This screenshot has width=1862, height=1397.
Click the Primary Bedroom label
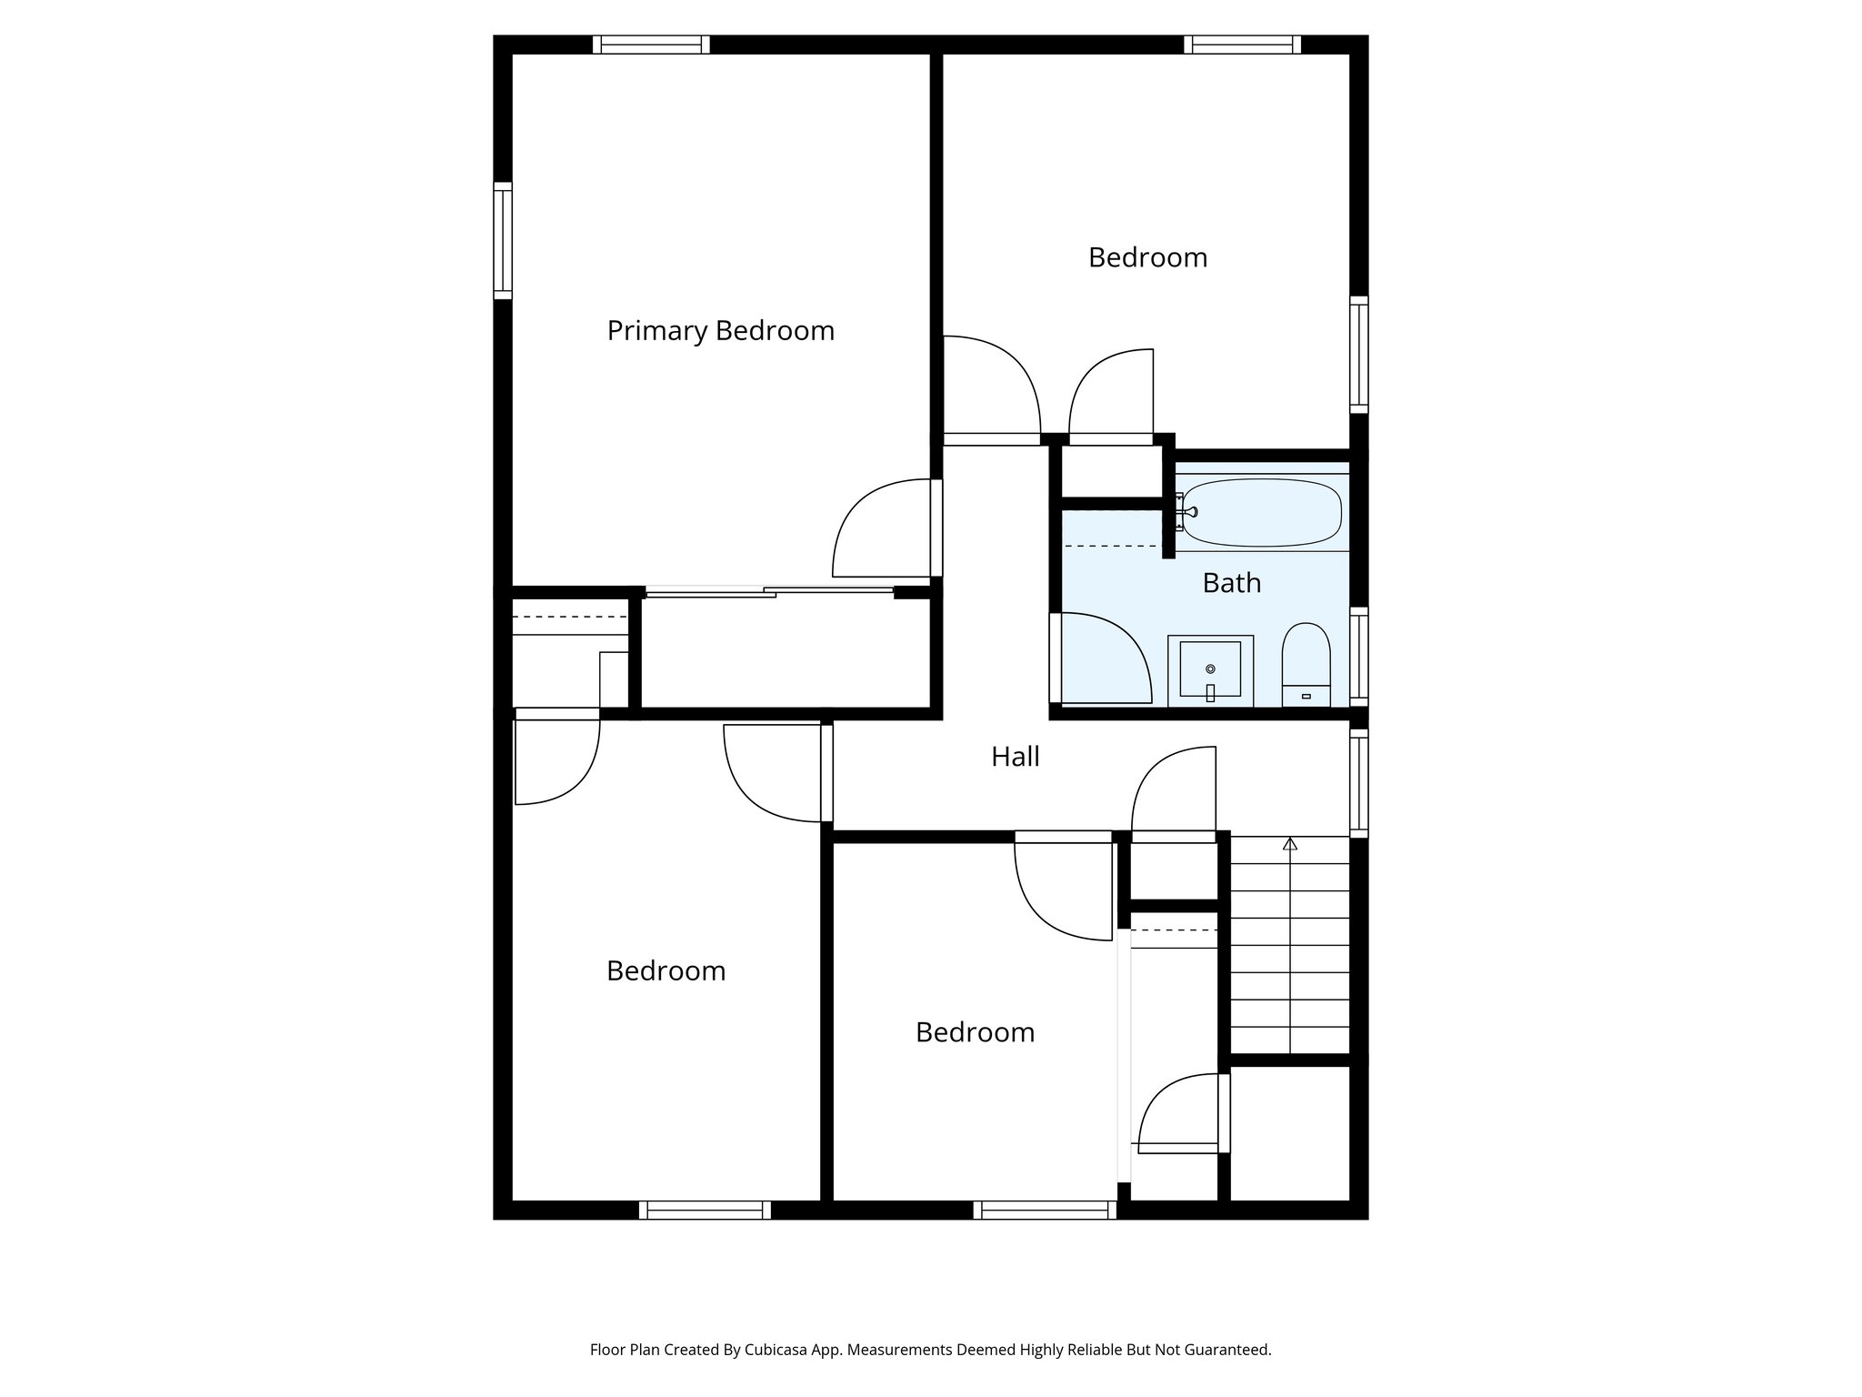tap(720, 330)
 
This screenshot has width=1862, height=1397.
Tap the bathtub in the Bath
tap(1263, 513)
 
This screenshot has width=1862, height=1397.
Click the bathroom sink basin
tap(1210, 668)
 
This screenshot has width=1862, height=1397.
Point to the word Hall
tap(1015, 757)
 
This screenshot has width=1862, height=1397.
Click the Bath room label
tap(1231, 583)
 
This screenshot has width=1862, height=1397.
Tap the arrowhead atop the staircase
tap(1289, 844)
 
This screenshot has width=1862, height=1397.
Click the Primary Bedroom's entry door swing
tap(877, 532)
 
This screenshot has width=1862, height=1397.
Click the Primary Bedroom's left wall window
tap(503, 240)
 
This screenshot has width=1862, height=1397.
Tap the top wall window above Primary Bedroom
tap(651, 45)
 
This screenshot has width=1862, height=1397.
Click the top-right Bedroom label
tap(1147, 258)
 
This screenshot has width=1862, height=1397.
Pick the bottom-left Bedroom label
tap(666, 971)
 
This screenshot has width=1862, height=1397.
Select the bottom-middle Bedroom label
tap(975, 1032)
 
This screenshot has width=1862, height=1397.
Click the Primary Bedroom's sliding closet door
tap(768, 592)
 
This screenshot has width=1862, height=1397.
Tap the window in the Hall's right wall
tap(1358, 782)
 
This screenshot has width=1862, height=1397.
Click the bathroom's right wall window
tap(1358, 655)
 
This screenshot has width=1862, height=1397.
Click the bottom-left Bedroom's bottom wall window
tap(705, 1210)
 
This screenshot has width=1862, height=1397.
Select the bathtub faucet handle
tap(1181, 512)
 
